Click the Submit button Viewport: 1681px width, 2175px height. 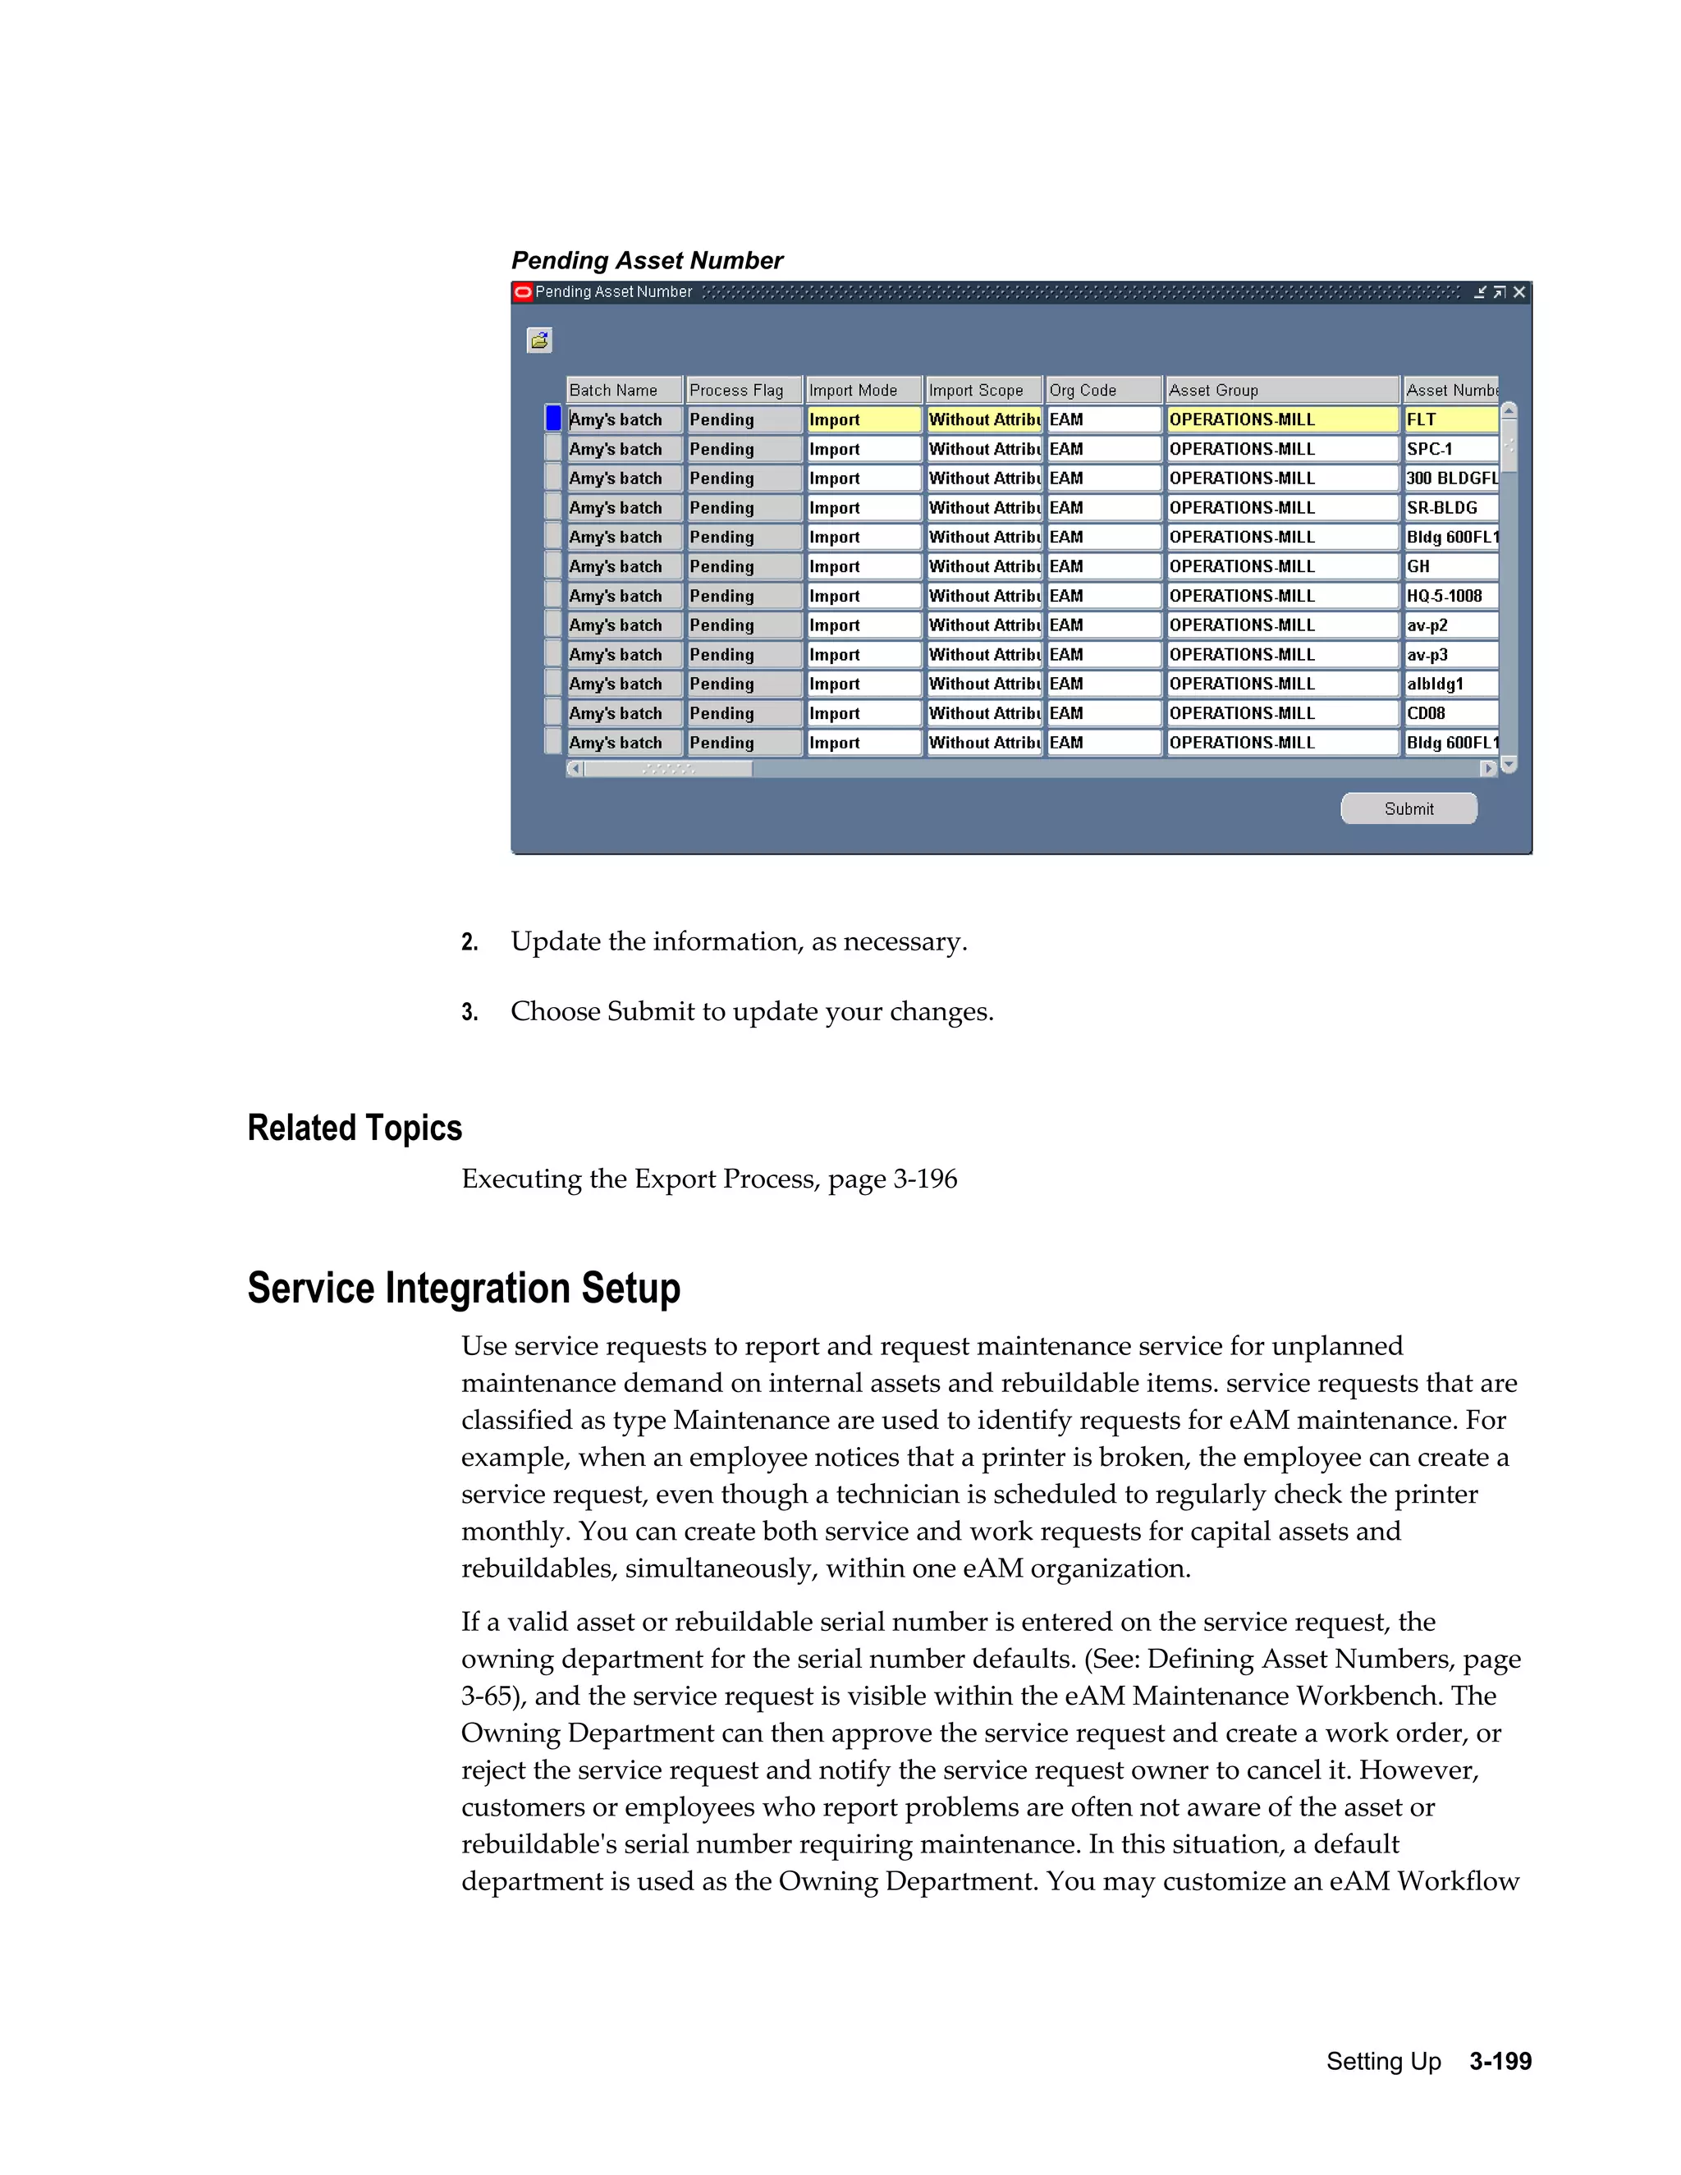point(1408,808)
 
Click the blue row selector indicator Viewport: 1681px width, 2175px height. point(552,419)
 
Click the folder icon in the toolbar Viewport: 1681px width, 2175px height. point(538,341)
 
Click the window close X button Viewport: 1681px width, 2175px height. point(1518,292)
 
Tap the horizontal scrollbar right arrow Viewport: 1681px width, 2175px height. point(1488,769)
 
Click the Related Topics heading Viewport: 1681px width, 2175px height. point(355,1129)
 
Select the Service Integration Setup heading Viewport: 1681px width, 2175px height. point(463,1288)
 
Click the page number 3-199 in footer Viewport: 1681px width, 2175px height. point(1500,2062)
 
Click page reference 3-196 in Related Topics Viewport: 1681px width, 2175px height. point(924,1179)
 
